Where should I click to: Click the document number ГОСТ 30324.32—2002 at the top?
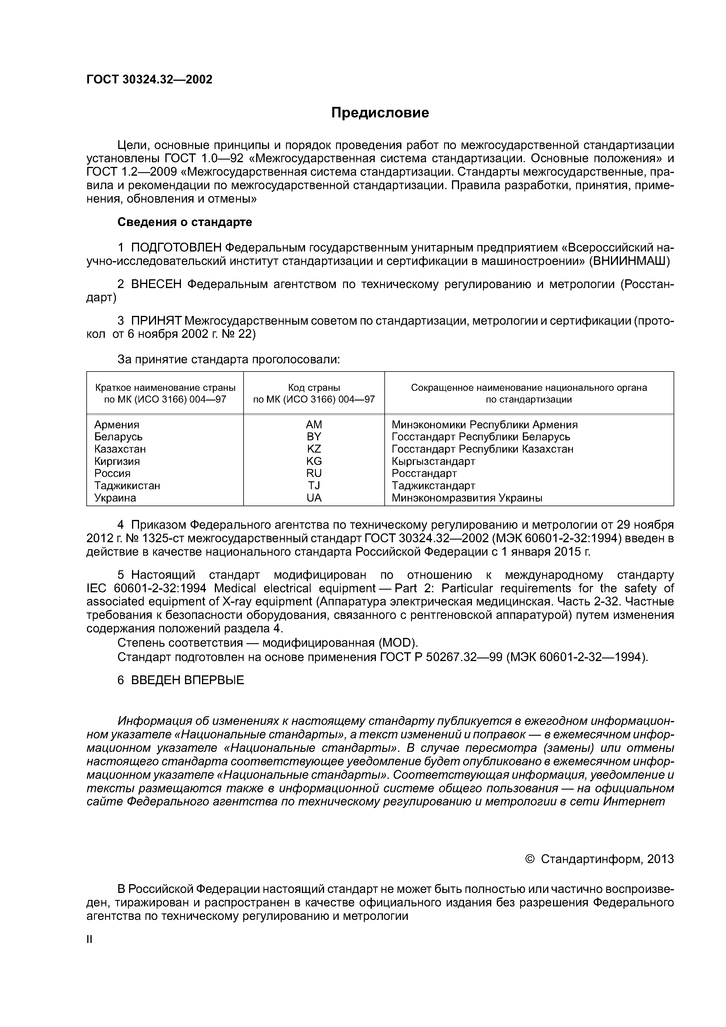tap(149, 80)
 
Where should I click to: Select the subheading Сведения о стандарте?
tap(185, 222)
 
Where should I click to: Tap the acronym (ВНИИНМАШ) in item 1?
tap(629, 261)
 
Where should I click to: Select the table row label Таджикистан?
tap(127, 486)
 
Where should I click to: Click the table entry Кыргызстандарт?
tap(433, 461)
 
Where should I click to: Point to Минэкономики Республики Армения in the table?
tap(484, 425)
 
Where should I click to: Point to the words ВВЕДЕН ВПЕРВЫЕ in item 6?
tap(187, 680)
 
